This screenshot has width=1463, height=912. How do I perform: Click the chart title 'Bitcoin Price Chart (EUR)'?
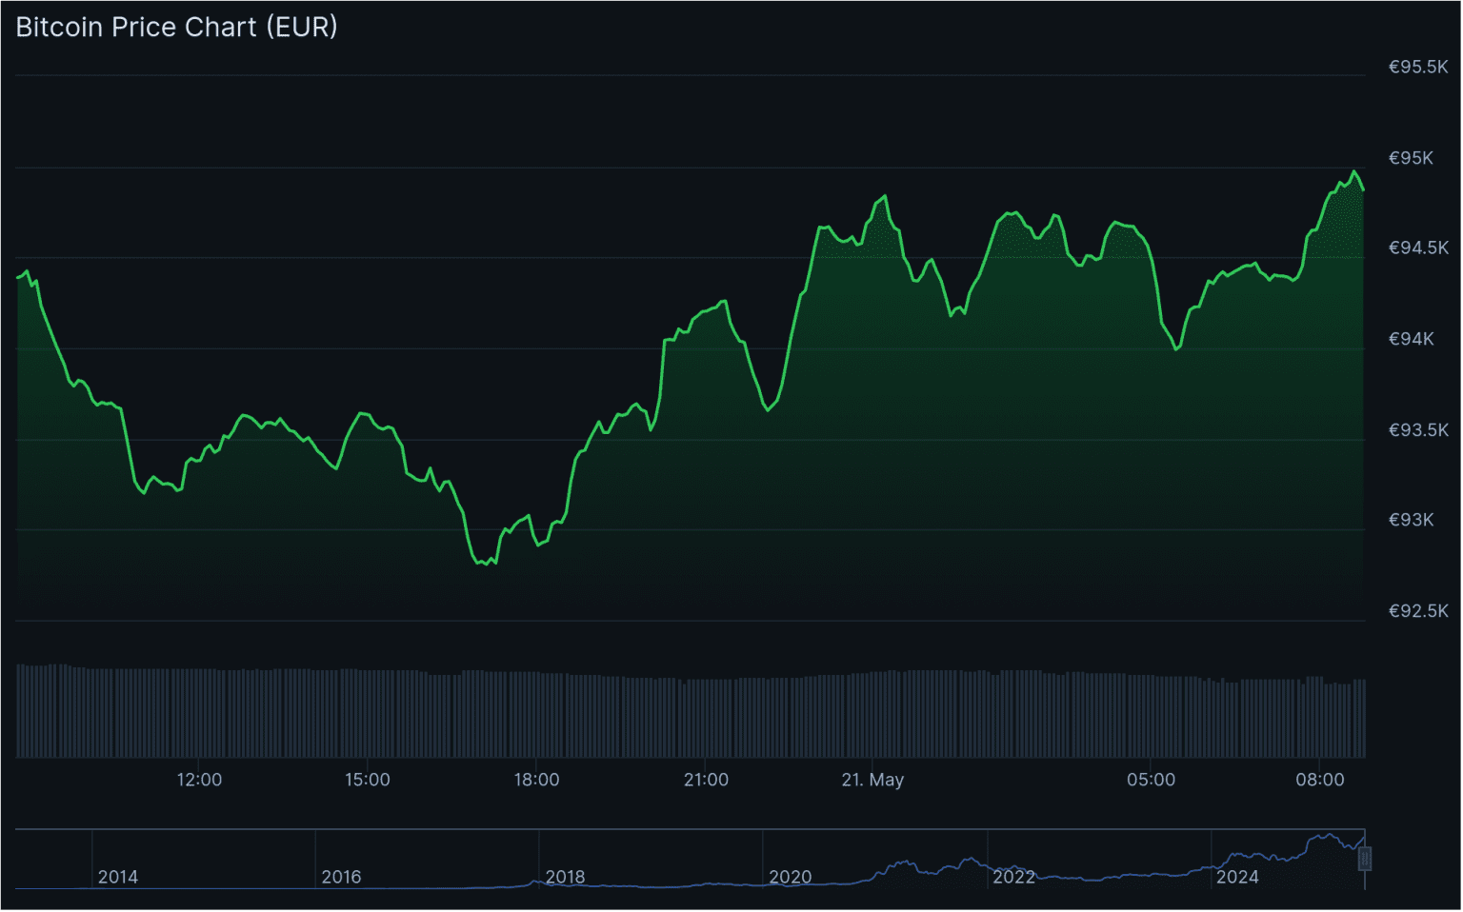point(176,27)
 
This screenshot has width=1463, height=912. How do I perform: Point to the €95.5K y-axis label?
point(1417,67)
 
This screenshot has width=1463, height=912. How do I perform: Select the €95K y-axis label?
point(1411,158)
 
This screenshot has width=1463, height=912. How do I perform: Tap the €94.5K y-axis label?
point(1417,248)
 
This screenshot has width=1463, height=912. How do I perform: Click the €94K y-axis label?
point(1411,339)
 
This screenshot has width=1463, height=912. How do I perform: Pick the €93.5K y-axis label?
point(1417,430)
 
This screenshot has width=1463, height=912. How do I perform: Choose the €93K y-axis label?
point(1411,520)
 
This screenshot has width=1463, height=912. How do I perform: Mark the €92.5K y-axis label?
point(1417,611)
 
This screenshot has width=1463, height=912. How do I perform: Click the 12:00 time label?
point(199,780)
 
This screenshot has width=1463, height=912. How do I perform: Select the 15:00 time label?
point(368,780)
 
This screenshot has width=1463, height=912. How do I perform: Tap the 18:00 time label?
point(536,780)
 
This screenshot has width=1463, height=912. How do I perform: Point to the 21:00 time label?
point(706,780)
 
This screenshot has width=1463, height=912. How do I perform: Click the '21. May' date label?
point(872,780)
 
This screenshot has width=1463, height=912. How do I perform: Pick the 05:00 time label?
point(1151,780)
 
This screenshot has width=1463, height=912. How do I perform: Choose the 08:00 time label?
point(1319,780)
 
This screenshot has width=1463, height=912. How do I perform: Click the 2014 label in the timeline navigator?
point(118,877)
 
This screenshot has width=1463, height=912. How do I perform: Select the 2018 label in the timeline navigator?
point(565,877)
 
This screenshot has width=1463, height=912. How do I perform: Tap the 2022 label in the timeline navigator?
point(1013,877)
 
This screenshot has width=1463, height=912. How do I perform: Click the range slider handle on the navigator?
point(1364,859)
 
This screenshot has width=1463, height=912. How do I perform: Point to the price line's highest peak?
point(1354,172)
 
